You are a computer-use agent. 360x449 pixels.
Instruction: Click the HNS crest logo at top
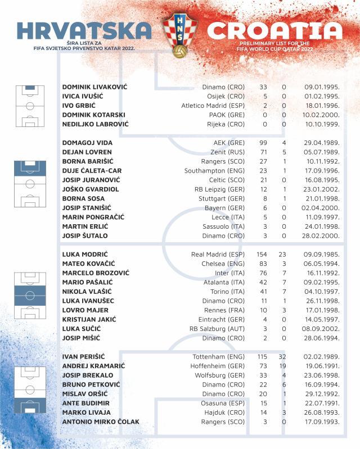tap(180, 36)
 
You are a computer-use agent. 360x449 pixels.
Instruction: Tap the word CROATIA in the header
tap(274, 31)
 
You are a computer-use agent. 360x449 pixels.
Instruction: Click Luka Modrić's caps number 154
tap(263, 254)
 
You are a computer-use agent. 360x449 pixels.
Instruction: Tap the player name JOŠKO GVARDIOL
tap(91, 189)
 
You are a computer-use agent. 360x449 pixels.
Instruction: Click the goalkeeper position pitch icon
tap(30, 106)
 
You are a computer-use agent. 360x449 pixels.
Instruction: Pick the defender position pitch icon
tap(30, 183)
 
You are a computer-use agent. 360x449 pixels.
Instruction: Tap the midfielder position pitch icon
tap(30, 295)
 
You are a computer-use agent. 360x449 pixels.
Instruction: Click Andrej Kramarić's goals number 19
tap(283, 366)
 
